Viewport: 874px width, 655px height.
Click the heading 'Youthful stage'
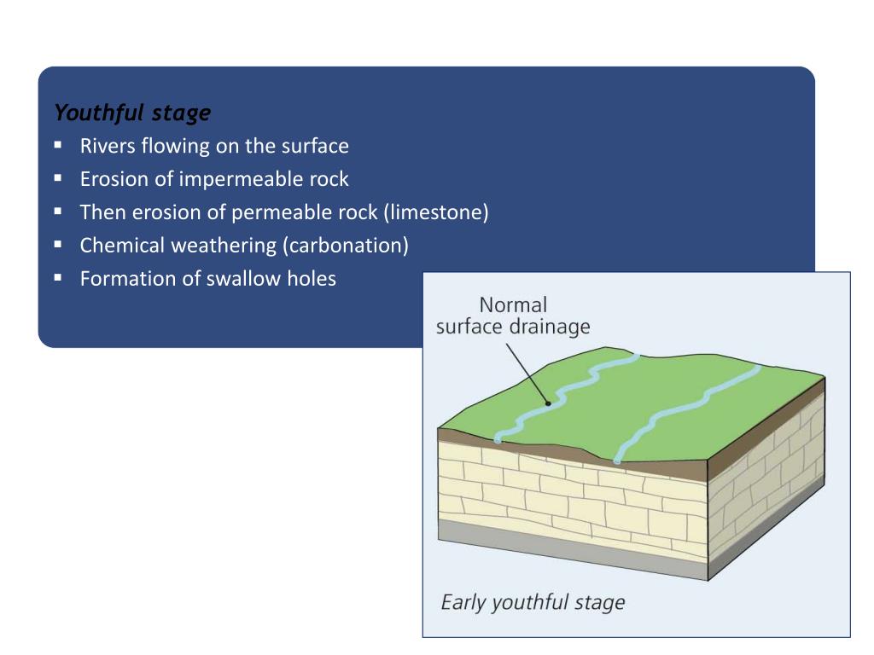pyautogui.click(x=132, y=113)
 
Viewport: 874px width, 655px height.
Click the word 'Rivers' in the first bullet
pyautogui.click(x=106, y=146)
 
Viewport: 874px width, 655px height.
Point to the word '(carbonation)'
pyautogui.click(x=346, y=246)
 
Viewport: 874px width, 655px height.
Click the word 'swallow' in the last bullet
pyautogui.click(x=238, y=278)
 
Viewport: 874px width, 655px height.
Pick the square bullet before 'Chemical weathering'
pyautogui.click(x=58, y=245)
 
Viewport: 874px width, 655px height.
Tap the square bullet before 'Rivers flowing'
pyautogui.click(x=58, y=145)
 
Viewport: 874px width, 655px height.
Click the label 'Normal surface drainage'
pyautogui.click(x=513, y=316)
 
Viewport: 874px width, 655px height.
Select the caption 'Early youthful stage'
pyautogui.click(x=533, y=603)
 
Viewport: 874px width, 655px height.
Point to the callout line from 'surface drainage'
pyautogui.click(x=527, y=372)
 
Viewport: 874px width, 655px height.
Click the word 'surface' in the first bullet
pyautogui.click(x=316, y=146)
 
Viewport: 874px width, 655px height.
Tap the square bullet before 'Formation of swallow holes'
pyautogui.click(x=58, y=277)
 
